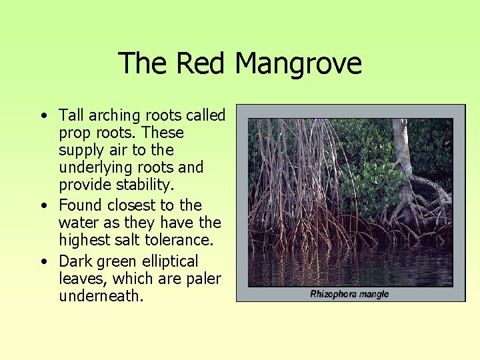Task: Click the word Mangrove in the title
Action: click(x=298, y=64)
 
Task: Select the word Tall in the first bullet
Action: click(x=71, y=115)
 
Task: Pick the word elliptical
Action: click(x=166, y=261)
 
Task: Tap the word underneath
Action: click(x=101, y=296)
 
